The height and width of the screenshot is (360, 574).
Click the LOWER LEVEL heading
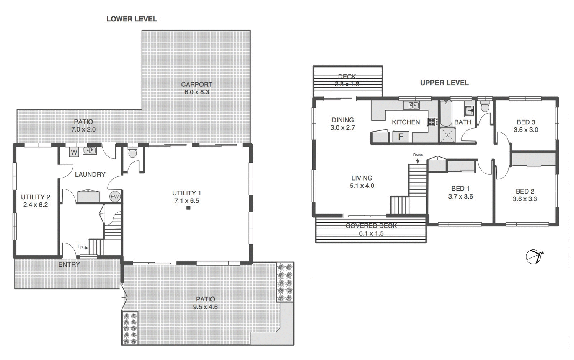pos(132,19)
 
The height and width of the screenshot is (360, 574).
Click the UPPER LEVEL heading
pos(444,83)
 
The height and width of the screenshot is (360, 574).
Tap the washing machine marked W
pos(74,152)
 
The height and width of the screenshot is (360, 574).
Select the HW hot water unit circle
pos(115,197)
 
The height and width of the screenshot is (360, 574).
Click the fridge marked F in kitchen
pos(401,137)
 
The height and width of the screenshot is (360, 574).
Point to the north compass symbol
pos(534,256)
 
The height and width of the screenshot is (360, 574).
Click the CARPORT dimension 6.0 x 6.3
pos(197,92)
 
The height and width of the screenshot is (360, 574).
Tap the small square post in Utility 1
pos(188,208)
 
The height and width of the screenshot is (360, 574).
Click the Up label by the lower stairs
pos(80,247)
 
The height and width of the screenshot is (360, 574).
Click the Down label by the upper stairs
pos(418,155)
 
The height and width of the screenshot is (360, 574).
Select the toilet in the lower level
pos(133,152)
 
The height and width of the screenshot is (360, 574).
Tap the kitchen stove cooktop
pos(432,122)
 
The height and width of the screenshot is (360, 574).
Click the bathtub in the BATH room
pos(446,114)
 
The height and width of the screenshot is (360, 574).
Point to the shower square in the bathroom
pos(447,135)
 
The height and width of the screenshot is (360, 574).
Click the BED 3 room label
pos(526,122)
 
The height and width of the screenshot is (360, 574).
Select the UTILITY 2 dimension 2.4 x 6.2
pos(36,205)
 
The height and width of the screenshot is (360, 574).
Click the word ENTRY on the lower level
pos(69,264)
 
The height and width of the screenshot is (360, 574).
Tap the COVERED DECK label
pos(371,226)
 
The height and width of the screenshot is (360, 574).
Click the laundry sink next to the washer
pos(90,150)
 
